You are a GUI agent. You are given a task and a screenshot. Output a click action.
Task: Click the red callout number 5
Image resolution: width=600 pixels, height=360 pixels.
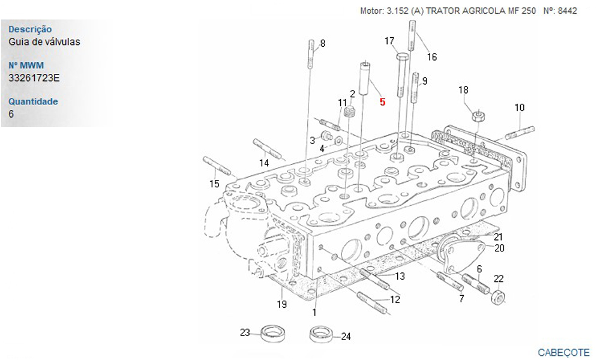[x=382, y=102]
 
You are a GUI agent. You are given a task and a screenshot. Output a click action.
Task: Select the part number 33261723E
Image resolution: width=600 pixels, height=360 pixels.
[x=34, y=78]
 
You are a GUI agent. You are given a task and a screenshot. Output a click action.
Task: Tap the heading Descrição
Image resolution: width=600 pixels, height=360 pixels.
[x=30, y=29]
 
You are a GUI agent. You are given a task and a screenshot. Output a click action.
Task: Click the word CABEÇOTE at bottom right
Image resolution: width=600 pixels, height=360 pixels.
[x=563, y=352]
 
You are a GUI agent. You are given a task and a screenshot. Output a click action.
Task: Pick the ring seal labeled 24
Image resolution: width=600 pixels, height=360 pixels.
[x=320, y=334]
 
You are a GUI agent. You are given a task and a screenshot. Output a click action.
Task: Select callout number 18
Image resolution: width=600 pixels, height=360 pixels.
[x=463, y=90]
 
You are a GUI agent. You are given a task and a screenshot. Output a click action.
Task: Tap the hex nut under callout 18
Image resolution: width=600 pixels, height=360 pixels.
[x=477, y=116]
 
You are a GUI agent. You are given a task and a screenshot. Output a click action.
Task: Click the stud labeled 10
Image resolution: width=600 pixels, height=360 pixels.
[x=520, y=133]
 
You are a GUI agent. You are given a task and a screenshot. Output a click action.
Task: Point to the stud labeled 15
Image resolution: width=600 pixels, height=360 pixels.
[x=216, y=166]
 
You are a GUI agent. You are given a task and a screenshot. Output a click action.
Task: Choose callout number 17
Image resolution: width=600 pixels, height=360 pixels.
[x=389, y=41]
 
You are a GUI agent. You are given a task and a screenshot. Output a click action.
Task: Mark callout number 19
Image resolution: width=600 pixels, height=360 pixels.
[x=281, y=305]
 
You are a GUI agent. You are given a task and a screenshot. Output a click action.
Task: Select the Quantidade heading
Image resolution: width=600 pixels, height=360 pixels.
[x=33, y=101]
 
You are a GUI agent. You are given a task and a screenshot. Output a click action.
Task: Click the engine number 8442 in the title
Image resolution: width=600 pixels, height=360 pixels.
[x=567, y=11]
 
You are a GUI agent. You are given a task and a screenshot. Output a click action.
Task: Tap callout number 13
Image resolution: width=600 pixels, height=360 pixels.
[x=400, y=276]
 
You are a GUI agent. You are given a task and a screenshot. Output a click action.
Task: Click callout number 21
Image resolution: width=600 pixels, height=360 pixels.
[x=498, y=237]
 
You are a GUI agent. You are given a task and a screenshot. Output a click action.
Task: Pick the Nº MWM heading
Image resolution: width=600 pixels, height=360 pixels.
[x=26, y=65]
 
